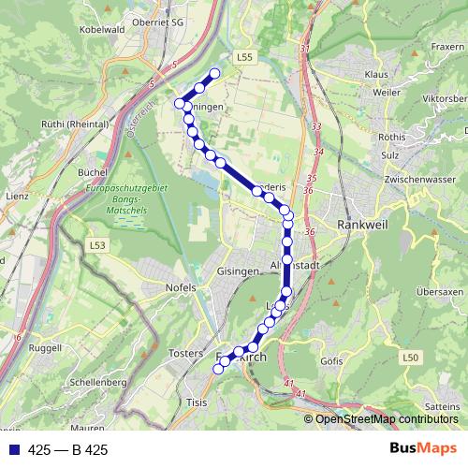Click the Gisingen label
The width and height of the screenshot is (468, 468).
237,271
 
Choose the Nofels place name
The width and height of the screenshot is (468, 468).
180,286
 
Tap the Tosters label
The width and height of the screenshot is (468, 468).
186,353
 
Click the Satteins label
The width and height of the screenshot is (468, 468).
443,406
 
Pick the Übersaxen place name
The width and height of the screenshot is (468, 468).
439,292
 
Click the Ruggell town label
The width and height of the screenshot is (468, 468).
45,347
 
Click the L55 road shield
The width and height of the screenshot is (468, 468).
245,58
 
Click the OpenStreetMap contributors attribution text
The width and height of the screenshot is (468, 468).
388,419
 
